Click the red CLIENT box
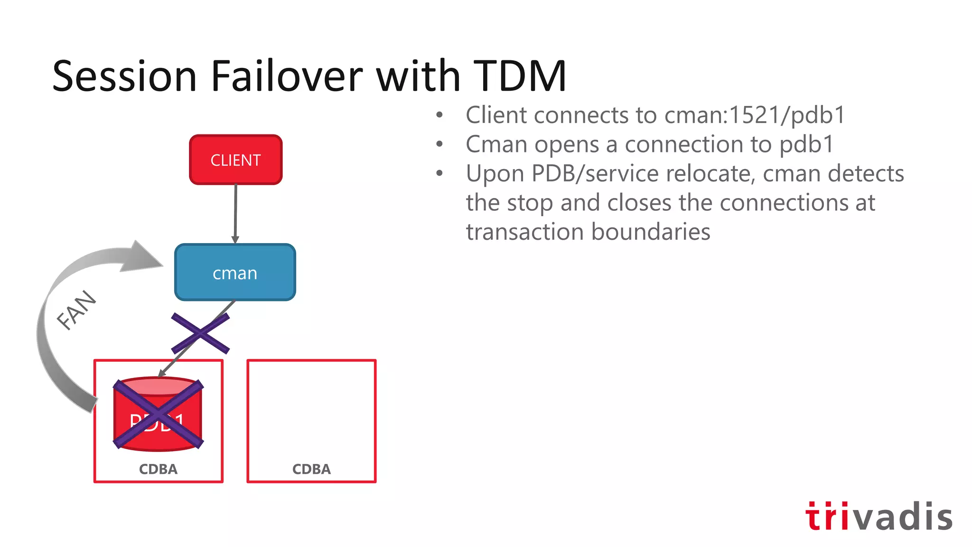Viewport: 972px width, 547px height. click(x=235, y=160)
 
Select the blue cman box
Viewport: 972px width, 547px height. click(x=235, y=273)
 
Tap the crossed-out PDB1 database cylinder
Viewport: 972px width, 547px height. click(x=158, y=414)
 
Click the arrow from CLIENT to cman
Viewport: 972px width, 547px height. click(x=235, y=214)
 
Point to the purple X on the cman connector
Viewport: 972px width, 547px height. click(x=200, y=333)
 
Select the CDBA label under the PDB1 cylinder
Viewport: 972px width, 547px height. click(x=158, y=469)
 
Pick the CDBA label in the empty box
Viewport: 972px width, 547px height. click(x=311, y=469)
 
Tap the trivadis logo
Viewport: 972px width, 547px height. click(x=879, y=516)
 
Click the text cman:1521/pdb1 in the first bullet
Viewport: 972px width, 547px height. click(x=755, y=115)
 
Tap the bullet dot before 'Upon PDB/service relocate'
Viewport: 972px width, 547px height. click(x=439, y=173)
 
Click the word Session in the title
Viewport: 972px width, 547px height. click(x=124, y=76)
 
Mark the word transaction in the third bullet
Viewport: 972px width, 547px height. click(x=524, y=232)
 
